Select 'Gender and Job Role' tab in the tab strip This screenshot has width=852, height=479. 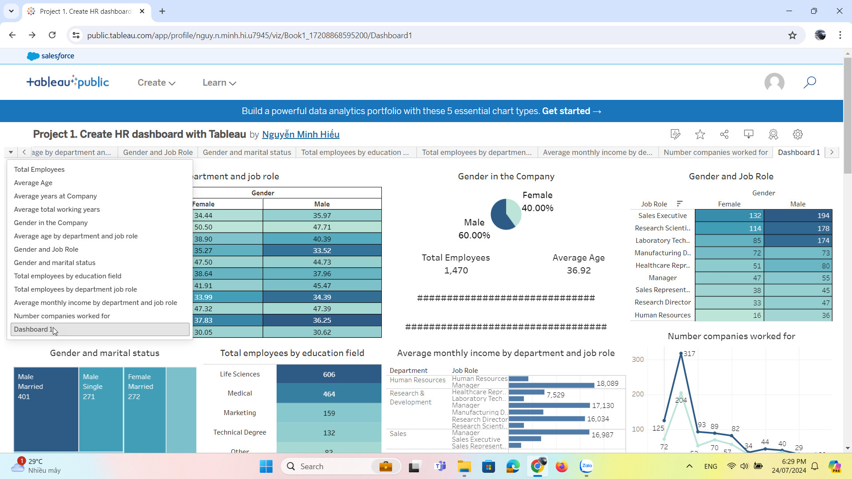point(158,152)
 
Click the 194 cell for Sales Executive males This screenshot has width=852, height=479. point(798,216)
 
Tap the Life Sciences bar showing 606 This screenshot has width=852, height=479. point(329,374)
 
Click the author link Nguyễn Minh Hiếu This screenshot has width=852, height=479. point(301,135)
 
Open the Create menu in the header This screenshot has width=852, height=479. point(156,83)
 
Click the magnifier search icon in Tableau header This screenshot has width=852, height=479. point(809,82)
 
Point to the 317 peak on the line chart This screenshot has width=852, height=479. point(681,354)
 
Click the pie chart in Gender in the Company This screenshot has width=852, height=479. point(506,214)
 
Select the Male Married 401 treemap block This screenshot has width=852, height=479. point(46,408)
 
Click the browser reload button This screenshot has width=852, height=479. point(52,35)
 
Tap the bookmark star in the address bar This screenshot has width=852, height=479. point(793,36)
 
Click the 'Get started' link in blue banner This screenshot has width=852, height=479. point(571,111)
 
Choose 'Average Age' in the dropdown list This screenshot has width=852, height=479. point(33,183)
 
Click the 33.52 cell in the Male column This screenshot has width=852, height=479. point(322,250)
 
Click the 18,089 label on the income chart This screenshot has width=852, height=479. point(607,384)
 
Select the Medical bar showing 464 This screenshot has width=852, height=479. point(329,394)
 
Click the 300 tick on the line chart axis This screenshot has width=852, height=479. point(638,360)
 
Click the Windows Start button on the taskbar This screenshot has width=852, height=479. point(266,467)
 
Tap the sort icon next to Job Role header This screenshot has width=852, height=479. point(679,204)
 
